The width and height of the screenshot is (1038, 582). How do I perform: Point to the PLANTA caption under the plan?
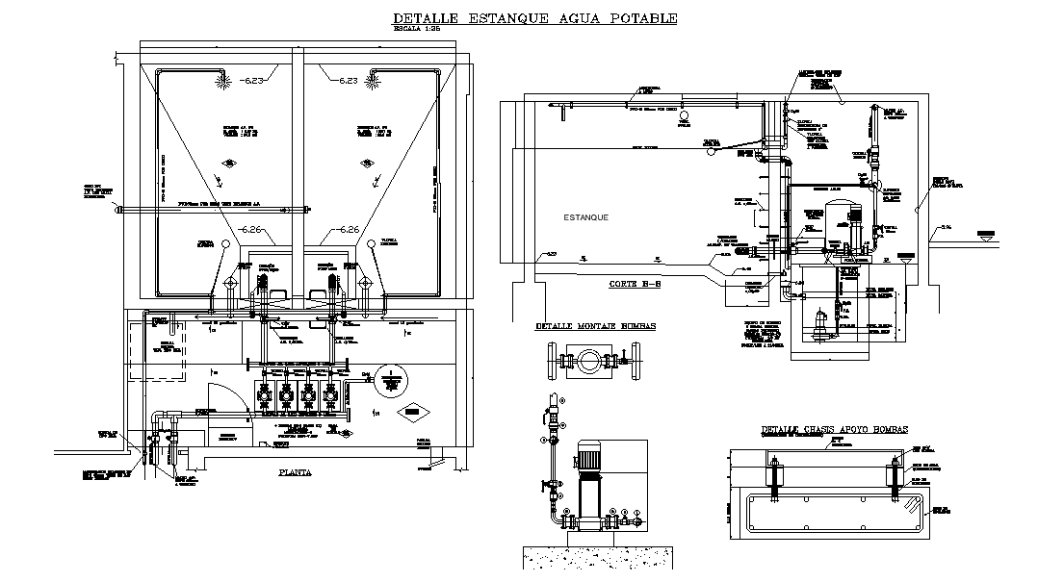click(295, 471)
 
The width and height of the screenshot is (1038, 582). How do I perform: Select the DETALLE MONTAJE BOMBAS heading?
click(595, 326)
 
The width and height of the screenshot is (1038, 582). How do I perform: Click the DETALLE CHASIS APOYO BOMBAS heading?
click(834, 430)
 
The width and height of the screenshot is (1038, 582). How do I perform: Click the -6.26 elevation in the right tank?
click(343, 229)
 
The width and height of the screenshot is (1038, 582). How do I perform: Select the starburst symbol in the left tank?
click(222, 84)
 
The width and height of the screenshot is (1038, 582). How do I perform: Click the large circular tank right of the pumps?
click(391, 380)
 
